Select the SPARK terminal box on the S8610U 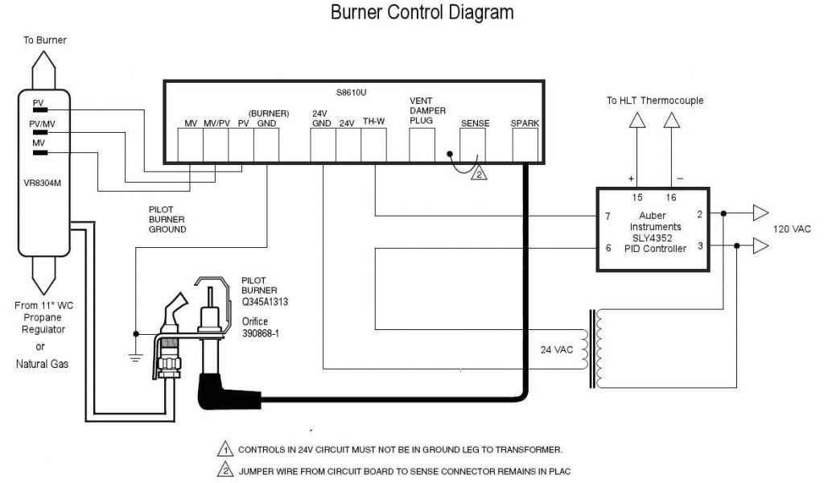tap(525, 146)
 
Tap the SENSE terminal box tap(472, 146)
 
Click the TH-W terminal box tap(374, 146)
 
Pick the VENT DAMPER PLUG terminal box tap(422, 146)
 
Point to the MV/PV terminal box tap(216, 146)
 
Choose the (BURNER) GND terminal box tap(266, 146)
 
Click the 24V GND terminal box tap(323, 146)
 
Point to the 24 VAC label tap(558, 350)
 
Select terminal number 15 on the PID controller tap(637, 197)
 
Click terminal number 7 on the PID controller tap(608, 217)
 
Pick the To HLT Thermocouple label tap(655, 101)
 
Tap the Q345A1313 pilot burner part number tap(265, 302)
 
